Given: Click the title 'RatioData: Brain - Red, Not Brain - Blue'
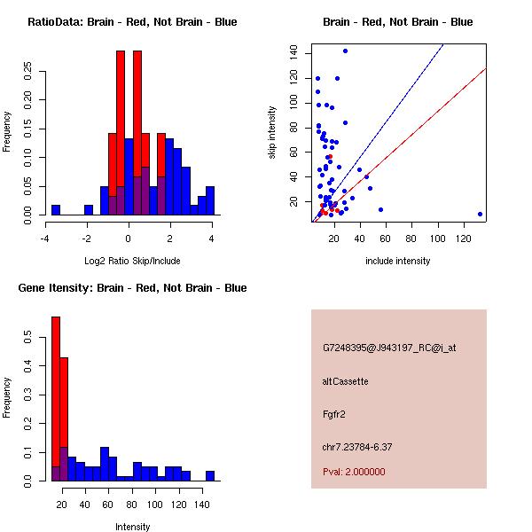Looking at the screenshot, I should pos(132,22).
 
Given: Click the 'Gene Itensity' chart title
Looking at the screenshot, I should pos(132,288).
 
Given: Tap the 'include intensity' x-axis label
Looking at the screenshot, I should pos(398,261).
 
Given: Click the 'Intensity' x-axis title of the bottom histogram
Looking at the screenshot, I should pos(132,527).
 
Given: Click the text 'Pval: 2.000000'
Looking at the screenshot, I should pos(354,472).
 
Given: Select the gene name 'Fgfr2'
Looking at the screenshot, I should pos(333,413).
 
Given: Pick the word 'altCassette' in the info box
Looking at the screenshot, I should pos(345,381).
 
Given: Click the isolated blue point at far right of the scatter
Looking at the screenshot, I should pos(480,214).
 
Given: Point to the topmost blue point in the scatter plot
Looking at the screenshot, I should pos(345,51).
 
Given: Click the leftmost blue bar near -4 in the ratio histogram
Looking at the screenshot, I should pos(56,210).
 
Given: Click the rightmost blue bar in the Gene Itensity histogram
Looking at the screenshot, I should pos(210,476).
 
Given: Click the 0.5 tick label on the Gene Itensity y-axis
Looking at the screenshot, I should pos(29,337).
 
